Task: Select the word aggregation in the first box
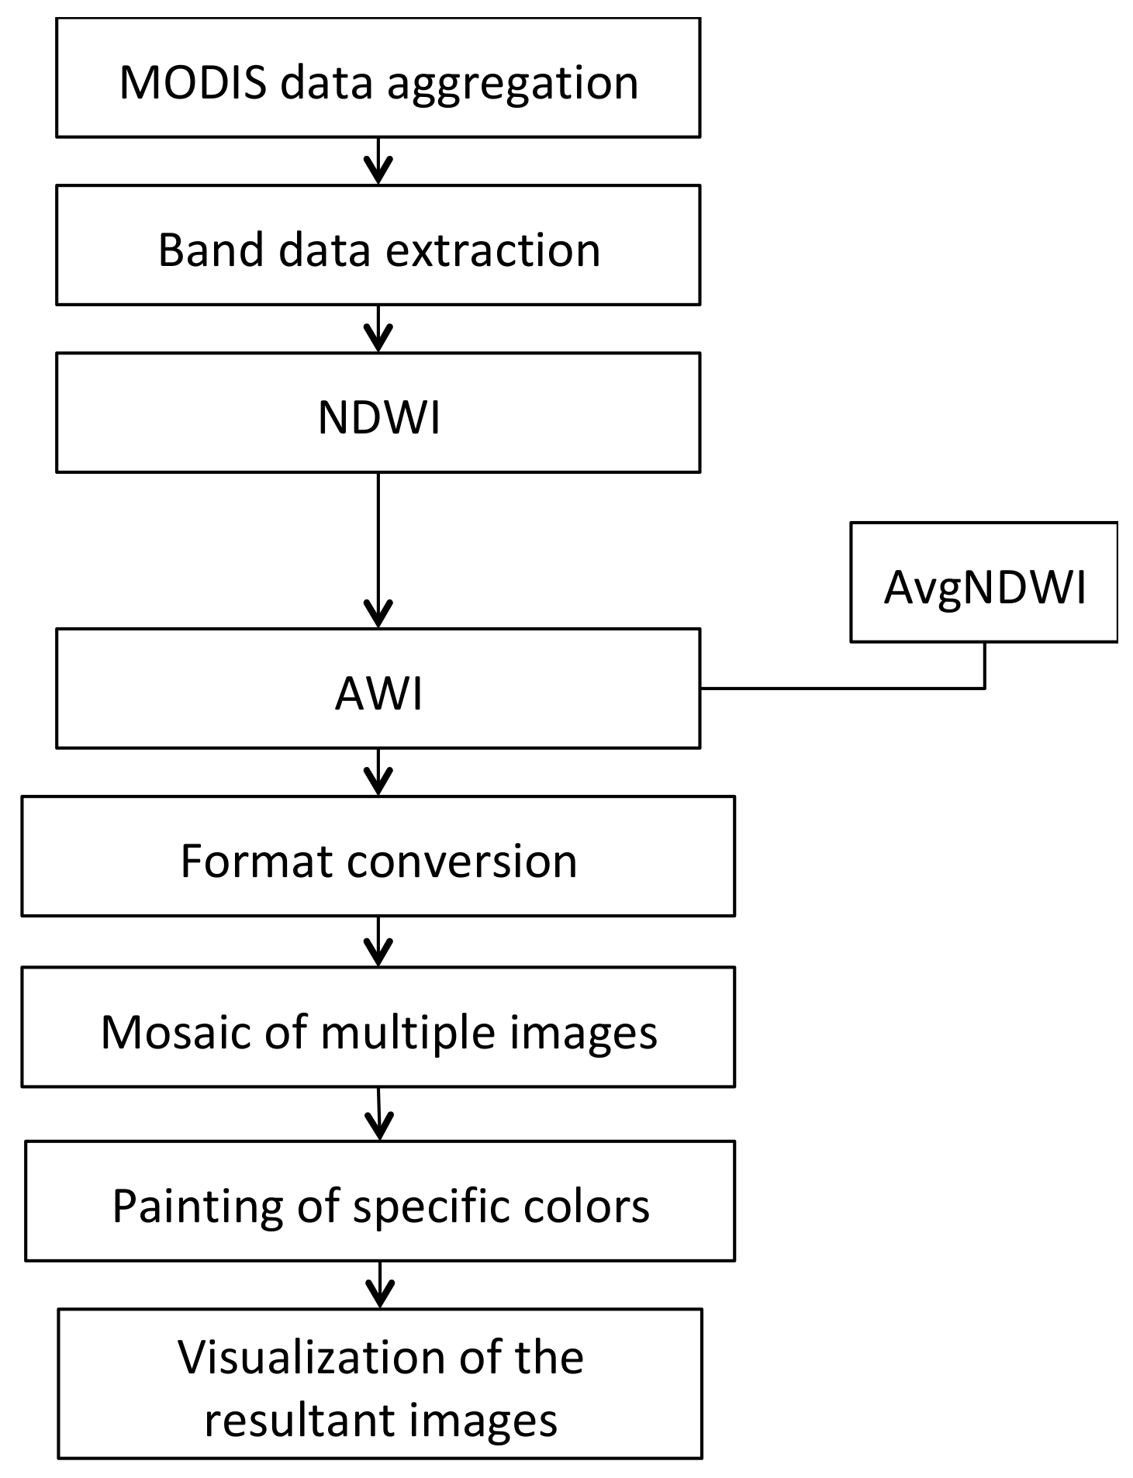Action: [513, 84]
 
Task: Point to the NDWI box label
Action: [378, 418]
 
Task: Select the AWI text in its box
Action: [378, 693]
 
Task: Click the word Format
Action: [256, 861]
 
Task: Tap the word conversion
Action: [462, 861]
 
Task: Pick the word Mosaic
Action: [175, 1032]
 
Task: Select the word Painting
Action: [197, 1207]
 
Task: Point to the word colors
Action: [595, 1206]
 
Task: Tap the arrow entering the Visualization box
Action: [379, 1285]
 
